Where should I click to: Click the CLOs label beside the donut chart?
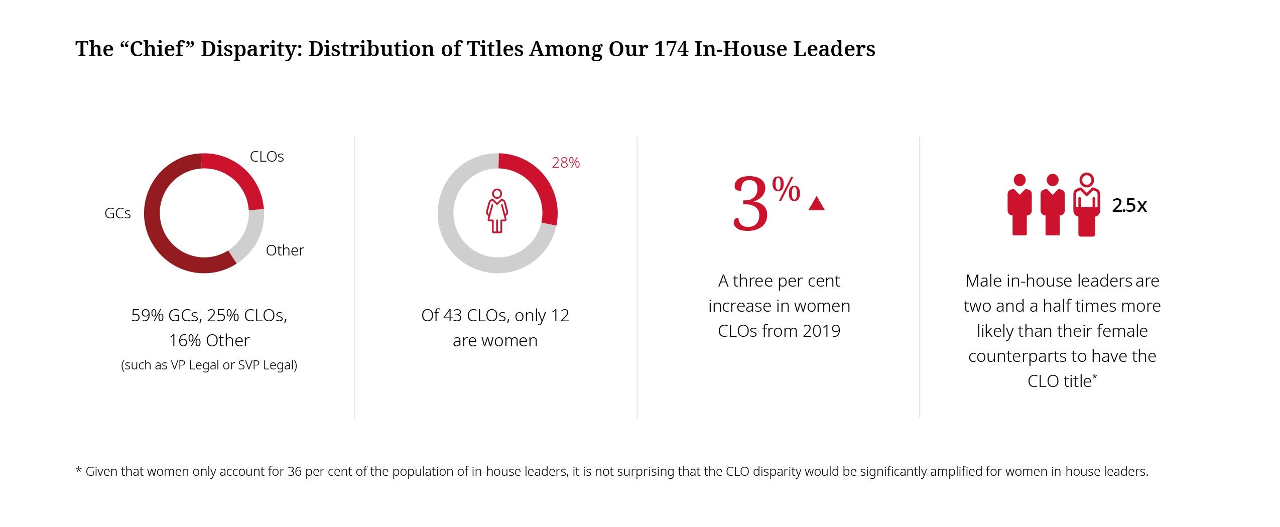267,157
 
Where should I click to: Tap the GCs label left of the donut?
117,213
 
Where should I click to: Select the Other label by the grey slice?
285,250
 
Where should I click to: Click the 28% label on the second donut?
566,163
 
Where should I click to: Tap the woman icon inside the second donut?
497,211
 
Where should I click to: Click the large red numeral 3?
750,205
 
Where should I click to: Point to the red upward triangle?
817,204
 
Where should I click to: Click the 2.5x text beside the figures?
1129,205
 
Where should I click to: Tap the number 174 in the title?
671,49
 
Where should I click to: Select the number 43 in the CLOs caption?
452,315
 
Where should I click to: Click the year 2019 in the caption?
821,331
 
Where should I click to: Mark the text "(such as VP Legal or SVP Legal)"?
209,365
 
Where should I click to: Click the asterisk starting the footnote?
78,471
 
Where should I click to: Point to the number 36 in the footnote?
294,471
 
